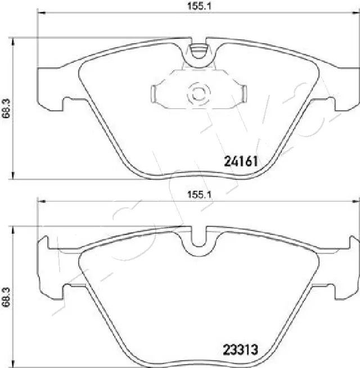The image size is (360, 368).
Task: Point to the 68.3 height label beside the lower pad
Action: [6, 296]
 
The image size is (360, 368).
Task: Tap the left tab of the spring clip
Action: [157, 92]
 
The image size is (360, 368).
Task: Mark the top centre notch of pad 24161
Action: [197, 52]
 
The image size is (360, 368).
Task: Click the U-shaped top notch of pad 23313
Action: [197, 239]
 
